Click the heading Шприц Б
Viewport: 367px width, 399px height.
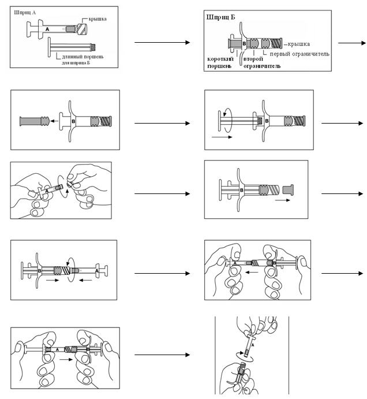point(220,17)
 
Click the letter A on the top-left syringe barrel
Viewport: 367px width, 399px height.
point(47,28)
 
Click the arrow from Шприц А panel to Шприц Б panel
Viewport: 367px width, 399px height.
point(162,43)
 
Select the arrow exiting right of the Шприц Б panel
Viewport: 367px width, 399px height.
point(351,43)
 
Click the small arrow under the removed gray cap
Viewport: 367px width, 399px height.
point(283,202)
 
